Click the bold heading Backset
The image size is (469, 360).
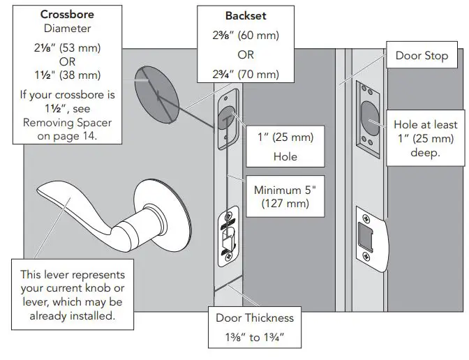click(x=241, y=15)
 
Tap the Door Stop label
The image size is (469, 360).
click(x=422, y=55)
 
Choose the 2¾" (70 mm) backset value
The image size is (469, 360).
click(x=241, y=75)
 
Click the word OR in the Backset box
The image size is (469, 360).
click(x=241, y=55)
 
